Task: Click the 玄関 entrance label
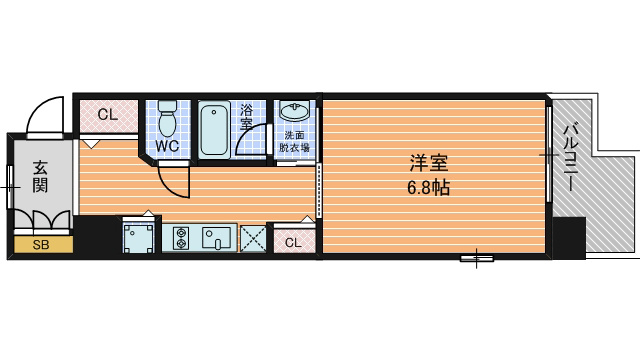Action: pos(40,176)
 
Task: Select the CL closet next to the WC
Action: pos(108,116)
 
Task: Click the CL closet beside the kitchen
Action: pos(294,241)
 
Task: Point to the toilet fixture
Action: pos(167,118)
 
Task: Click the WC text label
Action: pos(167,146)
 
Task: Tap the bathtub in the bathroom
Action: pos(214,128)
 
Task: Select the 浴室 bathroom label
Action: pos(247,117)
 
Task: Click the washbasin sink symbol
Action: pos(295,111)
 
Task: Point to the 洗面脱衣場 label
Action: pos(294,141)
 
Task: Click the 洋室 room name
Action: pos(429,163)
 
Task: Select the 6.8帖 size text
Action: pos(428,188)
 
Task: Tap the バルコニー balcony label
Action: pos(571,158)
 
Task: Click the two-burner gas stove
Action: pos(181,238)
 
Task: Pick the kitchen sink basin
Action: pos(217,238)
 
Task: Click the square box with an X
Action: pos(253,238)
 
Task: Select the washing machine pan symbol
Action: pos(138,238)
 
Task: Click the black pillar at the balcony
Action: pos(569,237)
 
